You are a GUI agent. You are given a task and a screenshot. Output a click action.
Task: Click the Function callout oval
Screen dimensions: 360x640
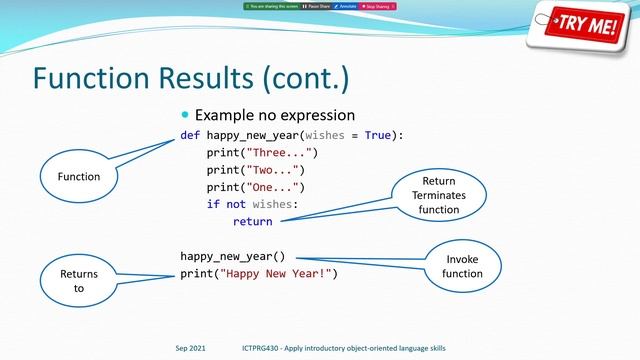tap(78, 177)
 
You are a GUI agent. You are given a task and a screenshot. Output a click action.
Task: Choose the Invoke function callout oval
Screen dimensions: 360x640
tap(462, 266)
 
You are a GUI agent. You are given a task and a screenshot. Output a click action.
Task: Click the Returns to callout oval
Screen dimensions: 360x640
tap(78, 279)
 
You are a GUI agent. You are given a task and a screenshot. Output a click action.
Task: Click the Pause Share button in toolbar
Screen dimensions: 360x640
tap(314, 6)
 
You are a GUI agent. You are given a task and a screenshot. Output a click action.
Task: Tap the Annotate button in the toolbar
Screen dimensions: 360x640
tap(346, 6)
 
